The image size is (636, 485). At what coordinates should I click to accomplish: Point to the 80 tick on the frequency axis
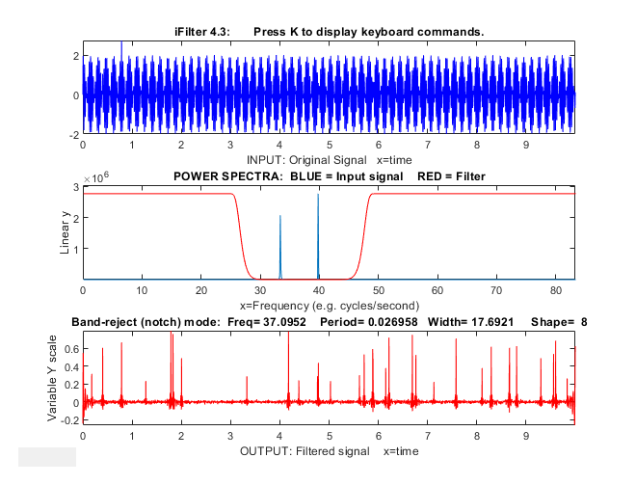[554, 288]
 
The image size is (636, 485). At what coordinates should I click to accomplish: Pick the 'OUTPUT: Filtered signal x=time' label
[328, 450]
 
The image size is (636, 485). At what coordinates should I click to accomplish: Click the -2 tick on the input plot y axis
[73, 135]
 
